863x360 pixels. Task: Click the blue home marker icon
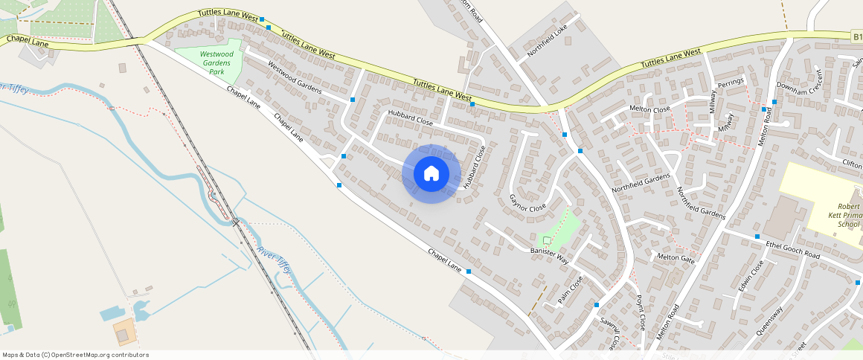pyautogui.click(x=431, y=173)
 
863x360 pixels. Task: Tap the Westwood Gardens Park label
pyautogui.click(x=216, y=62)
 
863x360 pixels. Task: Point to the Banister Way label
pyautogui.click(x=549, y=257)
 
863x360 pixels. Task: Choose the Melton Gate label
pyautogui.click(x=676, y=257)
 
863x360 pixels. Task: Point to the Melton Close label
pyautogui.click(x=650, y=109)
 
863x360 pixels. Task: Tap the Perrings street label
pyautogui.click(x=731, y=86)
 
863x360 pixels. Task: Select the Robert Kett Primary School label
pyautogui.click(x=848, y=216)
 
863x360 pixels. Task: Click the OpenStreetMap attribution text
pyautogui.click(x=75, y=355)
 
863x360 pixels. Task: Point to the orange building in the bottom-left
pyautogui.click(x=124, y=331)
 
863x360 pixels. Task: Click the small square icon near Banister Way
pyautogui.click(x=547, y=240)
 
